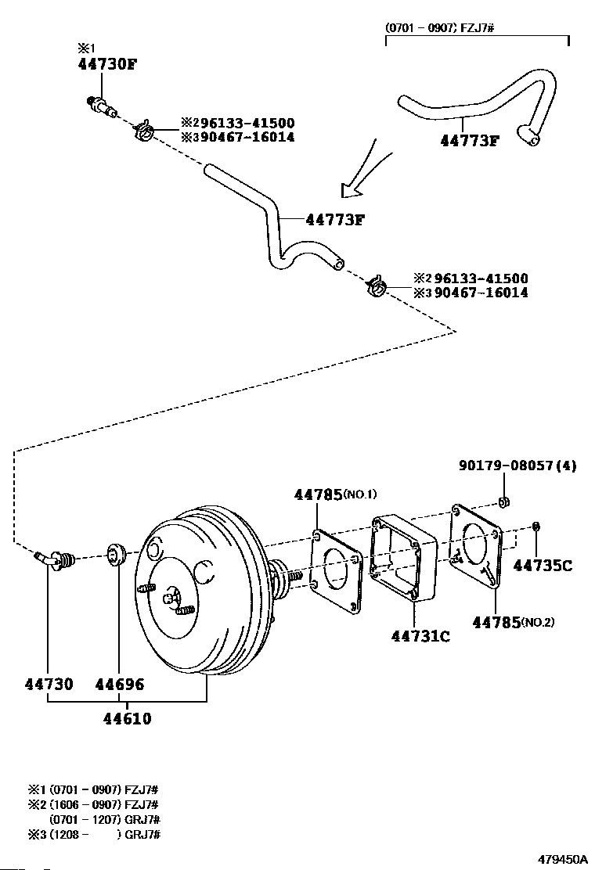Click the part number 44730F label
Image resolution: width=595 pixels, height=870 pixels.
point(107,64)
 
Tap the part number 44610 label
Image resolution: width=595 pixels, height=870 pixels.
point(127,718)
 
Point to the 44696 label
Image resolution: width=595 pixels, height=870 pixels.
point(119,684)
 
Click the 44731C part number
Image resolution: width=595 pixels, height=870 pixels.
point(420,636)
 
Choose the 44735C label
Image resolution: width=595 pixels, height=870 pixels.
point(543,566)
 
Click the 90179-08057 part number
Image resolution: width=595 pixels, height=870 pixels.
point(506,466)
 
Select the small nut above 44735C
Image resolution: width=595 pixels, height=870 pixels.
point(536,526)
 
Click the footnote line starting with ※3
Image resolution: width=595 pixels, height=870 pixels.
point(95,834)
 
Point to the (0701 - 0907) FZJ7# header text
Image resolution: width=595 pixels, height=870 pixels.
point(439,27)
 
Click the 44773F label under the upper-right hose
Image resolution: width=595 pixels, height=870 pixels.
point(470,140)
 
